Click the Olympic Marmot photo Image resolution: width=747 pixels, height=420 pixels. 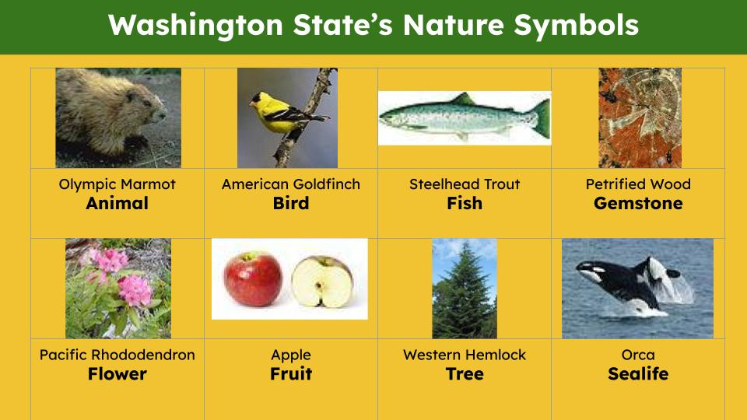coord(118,117)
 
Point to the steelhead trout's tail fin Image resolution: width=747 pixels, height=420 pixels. coord(540,117)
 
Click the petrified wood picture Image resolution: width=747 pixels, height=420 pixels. coord(640,117)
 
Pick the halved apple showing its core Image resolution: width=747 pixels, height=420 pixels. coord(323,280)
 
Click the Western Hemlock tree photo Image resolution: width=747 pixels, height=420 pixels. coord(465,288)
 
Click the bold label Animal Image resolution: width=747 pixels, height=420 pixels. coord(117,204)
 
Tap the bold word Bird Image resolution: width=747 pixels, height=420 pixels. coord(291,204)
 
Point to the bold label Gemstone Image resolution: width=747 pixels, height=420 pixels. coord(638,204)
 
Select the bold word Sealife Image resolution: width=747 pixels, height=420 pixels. coord(638,374)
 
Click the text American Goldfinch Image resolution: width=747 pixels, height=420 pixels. coord(291,184)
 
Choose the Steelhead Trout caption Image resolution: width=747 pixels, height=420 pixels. coord(465,184)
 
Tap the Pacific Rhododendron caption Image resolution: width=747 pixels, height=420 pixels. coord(117,355)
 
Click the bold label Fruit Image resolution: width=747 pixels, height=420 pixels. coord(291,374)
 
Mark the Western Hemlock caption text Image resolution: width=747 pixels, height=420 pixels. coord(465,355)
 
